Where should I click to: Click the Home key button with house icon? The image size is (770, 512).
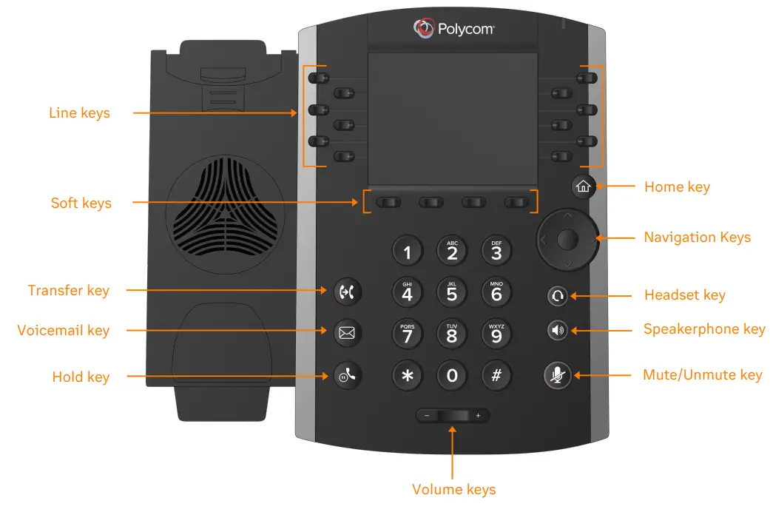tap(583, 186)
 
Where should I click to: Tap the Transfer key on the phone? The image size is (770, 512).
tap(347, 291)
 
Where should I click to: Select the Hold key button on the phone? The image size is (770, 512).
tap(347, 376)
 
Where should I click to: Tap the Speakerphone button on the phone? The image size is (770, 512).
tap(558, 330)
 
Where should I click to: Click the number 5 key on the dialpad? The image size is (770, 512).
tap(452, 292)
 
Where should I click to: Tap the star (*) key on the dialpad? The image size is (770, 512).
tap(407, 375)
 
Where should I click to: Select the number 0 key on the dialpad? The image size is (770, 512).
tap(452, 375)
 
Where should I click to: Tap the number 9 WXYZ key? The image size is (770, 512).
tap(496, 334)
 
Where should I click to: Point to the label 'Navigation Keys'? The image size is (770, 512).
tap(697, 238)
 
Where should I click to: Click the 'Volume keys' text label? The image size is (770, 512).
tap(453, 489)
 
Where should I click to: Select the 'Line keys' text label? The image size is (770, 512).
tap(79, 113)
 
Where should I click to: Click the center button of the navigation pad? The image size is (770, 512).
tap(567, 239)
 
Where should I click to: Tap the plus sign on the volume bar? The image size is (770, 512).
tap(478, 416)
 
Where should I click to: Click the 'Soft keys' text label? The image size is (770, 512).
tap(81, 203)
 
